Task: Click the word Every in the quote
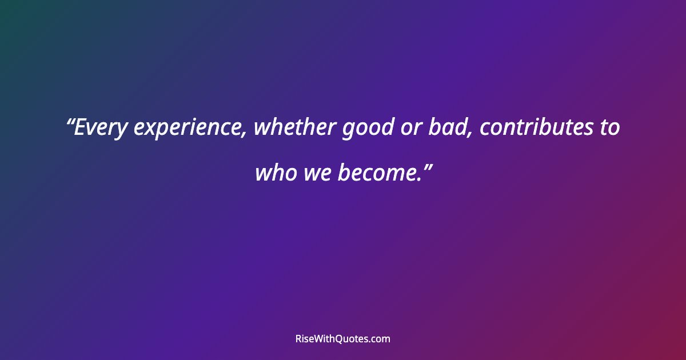pos(102,128)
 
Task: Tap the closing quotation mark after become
pos(426,165)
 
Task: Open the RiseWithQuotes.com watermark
pos(343,339)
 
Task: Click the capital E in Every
pos(81,128)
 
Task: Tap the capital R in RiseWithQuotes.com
pos(298,339)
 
